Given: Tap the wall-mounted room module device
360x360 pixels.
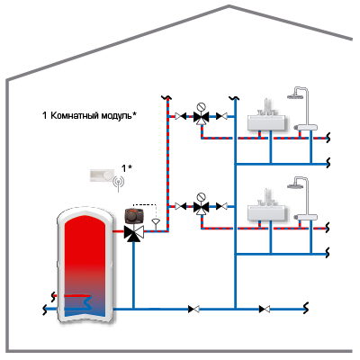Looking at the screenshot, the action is pyautogui.click(x=102, y=175).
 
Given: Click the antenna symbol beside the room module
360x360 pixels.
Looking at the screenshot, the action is pyautogui.click(x=119, y=184).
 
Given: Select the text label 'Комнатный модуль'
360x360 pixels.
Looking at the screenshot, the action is pyautogui.click(x=91, y=115).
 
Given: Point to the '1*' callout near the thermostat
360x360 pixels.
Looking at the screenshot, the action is pyautogui.click(x=126, y=168).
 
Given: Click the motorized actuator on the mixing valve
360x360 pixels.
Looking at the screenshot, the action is pyautogui.click(x=134, y=216).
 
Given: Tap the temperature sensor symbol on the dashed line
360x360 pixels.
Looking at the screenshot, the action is pyautogui.click(x=156, y=223).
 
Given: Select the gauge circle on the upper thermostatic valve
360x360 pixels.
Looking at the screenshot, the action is pyautogui.click(x=202, y=107).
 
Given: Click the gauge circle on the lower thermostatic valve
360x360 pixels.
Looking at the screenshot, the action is pyautogui.click(x=202, y=197).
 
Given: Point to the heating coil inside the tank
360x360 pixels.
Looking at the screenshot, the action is pyautogui.click(x=78, y=302).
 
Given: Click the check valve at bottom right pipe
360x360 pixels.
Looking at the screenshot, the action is pyautogui.click(x=265, y=309).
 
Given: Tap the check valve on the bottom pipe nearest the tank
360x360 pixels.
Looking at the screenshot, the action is pyautogui.click(x=193, y=309).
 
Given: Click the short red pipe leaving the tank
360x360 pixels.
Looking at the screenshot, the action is pyautogui.click(x=119, y=231).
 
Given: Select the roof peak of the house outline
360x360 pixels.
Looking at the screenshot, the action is pyautogui.click(x=229, y=5).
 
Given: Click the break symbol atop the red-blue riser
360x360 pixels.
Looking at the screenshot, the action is pyautogui.click(x=166, y=97).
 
